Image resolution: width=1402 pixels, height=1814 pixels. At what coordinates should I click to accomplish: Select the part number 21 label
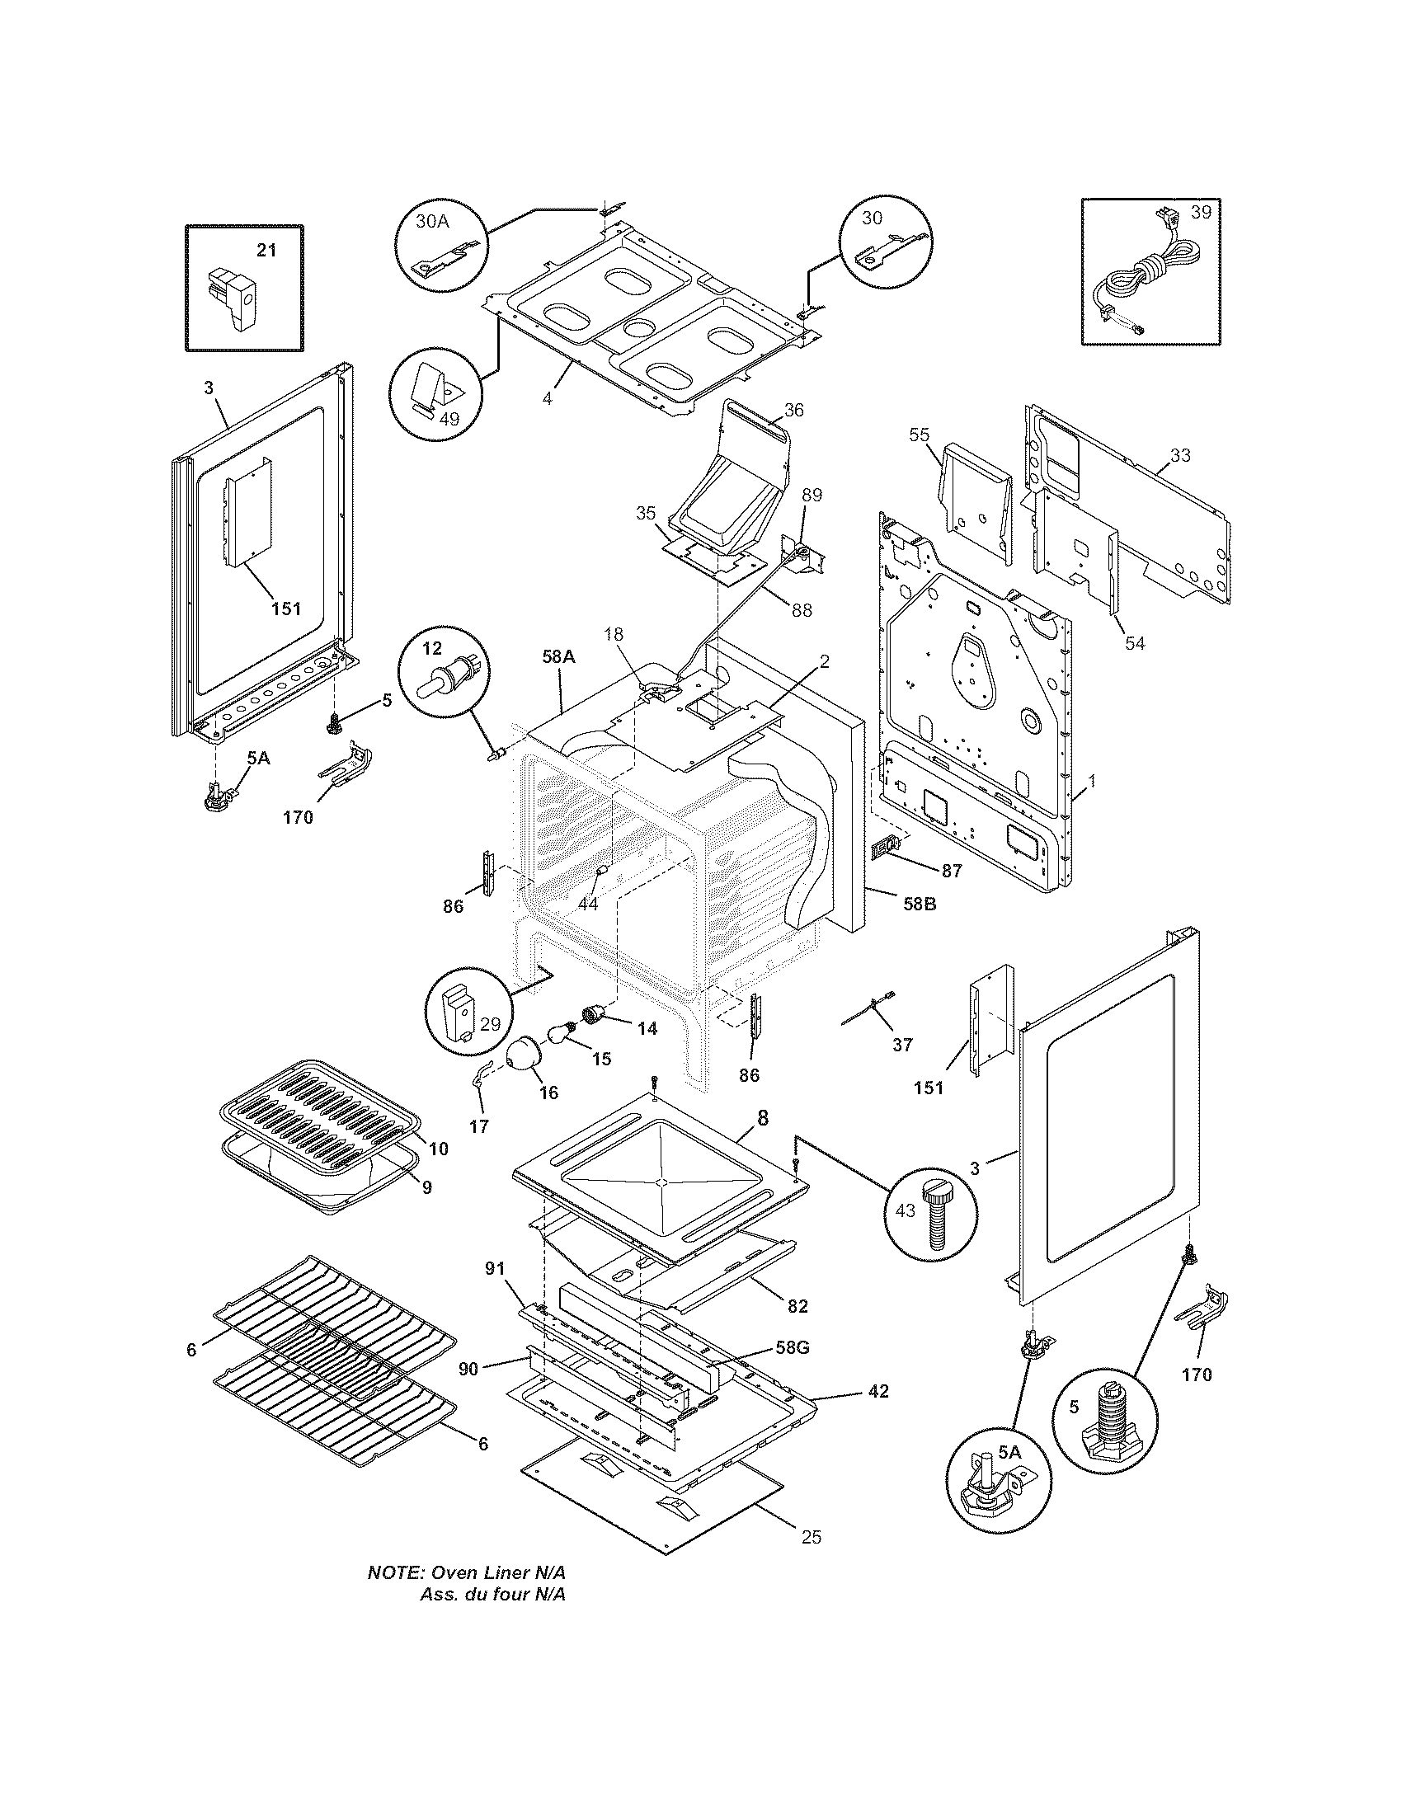266,249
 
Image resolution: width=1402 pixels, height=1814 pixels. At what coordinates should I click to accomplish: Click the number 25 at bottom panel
812,1538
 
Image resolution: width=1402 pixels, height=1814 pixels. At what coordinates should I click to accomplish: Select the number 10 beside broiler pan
439,1149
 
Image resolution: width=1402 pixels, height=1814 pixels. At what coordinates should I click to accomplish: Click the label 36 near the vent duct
793,410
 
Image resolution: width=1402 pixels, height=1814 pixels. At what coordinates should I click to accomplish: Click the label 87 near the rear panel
951,871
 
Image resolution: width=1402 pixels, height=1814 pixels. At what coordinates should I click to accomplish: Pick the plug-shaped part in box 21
236,298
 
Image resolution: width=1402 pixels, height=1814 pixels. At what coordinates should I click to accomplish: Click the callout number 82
797,1306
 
